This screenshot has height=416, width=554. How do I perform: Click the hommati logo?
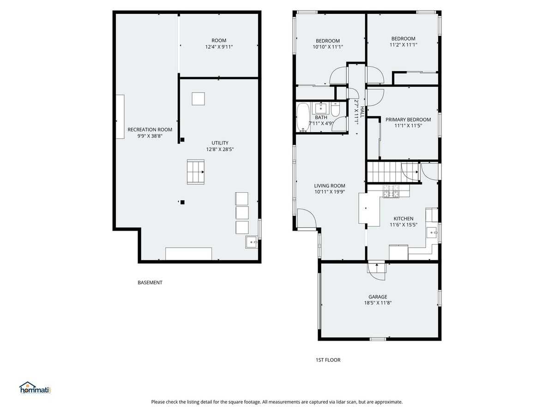coord(36,388)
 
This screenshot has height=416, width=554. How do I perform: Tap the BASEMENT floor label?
coord(150,282)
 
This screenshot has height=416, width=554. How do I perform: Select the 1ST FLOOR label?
coord(328,360)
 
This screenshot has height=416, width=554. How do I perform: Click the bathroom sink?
coord(320,108)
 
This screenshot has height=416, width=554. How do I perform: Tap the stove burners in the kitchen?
coord(391,191)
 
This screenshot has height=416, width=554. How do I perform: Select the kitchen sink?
coord(432,232)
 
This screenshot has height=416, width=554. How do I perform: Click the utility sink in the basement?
coord(252,242)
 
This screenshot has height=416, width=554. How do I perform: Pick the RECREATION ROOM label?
coord(150,129)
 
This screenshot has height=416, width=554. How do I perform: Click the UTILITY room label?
coord(220,143)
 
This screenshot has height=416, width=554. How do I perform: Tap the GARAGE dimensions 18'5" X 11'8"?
coord(378,303)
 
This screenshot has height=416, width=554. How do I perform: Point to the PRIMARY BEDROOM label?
coord(408,120)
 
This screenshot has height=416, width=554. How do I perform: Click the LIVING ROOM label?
coord(330,186)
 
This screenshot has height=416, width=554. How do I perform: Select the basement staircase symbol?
coord(196,172)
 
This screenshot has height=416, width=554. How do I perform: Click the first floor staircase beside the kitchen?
coord(393,172)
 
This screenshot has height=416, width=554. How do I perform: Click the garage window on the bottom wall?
coord(378,339)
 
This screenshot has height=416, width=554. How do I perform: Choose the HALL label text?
coord(362,112)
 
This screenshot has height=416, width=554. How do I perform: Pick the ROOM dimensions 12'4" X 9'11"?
coord(219,47)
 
